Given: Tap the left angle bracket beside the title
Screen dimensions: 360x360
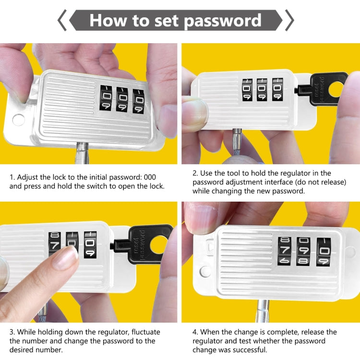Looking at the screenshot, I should coord(62,21).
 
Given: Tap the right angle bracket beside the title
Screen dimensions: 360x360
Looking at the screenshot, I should coord(289,21).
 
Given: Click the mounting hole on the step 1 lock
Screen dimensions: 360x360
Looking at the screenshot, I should coord(19,119).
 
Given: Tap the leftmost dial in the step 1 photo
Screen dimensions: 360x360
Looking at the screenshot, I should coord(106,98).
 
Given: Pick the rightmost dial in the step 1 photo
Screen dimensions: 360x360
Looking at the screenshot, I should coord(139,101).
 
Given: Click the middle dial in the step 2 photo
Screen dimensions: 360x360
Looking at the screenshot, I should coord(262,90).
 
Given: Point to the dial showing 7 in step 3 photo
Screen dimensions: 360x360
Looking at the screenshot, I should coord(55,245).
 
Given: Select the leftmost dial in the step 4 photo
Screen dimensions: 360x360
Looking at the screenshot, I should coord(285,251).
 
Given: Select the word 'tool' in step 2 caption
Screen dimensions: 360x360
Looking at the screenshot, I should coord(232,173).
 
